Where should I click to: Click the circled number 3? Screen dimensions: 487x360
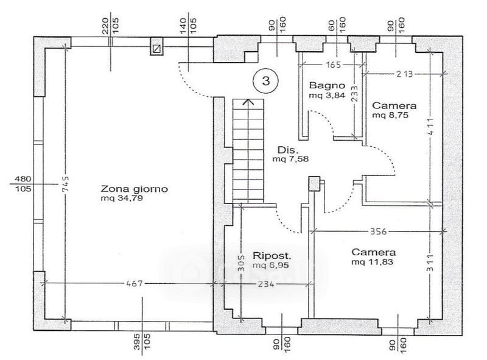click(266, 81)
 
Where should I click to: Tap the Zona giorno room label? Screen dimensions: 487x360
click(134, 189)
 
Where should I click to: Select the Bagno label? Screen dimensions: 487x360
click(327, 85)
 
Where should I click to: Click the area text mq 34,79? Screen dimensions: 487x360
click(122, 199)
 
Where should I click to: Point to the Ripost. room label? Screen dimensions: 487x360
click(272, 256)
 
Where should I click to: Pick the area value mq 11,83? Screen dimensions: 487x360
click(372, 262)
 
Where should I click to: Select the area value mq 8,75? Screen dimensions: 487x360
click(390, 115)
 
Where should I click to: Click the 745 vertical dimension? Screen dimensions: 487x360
click(65, 184)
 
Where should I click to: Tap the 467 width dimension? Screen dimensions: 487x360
click(135, 283)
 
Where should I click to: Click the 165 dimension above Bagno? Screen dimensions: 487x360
click(333, 65)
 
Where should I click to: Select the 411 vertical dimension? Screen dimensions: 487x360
click(430, 126)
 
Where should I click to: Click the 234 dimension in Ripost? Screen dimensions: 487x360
click(266, 283)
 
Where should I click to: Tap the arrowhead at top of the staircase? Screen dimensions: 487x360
click(248, 102)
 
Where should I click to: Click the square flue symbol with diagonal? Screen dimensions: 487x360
click(157, 48)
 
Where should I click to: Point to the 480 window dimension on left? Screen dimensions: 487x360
click(23, 179)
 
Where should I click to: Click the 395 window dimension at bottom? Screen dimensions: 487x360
click(138, 342)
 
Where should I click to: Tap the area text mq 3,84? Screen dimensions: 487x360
click(327, 95)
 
